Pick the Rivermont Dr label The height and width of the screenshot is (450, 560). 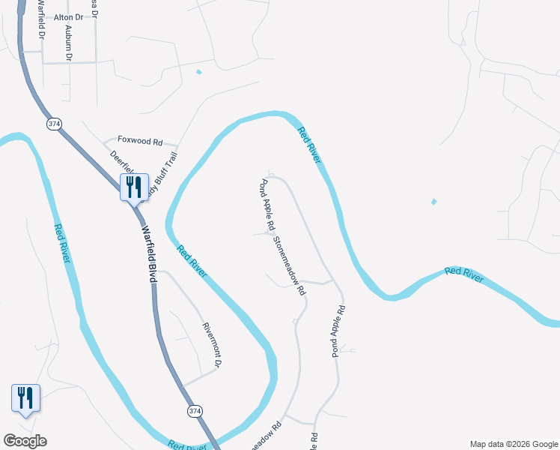[x=213, y=345]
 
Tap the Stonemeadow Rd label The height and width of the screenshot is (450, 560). [x=290, y=265]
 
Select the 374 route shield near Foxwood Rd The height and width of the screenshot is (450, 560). [x=53, y=124]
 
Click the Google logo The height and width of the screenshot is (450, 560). [x=25, y=441]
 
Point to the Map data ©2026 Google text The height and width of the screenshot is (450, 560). [x=514, y=444]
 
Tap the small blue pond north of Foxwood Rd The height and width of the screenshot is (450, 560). [x=198, y=73]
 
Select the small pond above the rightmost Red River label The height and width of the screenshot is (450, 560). [x=433, y=202]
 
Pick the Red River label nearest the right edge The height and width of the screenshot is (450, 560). [x=463, y=273]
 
